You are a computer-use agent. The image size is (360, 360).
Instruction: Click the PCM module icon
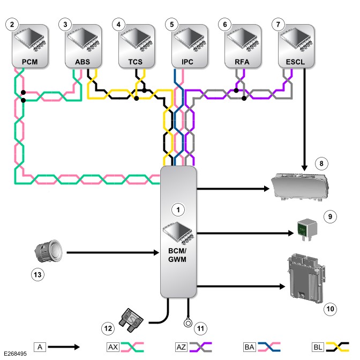[30, 46]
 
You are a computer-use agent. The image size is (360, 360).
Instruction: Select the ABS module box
[84, 46]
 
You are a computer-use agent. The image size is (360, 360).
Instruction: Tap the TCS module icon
[137, 46]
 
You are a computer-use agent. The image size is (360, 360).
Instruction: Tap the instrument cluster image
[301, 187]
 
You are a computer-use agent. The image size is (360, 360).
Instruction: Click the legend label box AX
[113, 347]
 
